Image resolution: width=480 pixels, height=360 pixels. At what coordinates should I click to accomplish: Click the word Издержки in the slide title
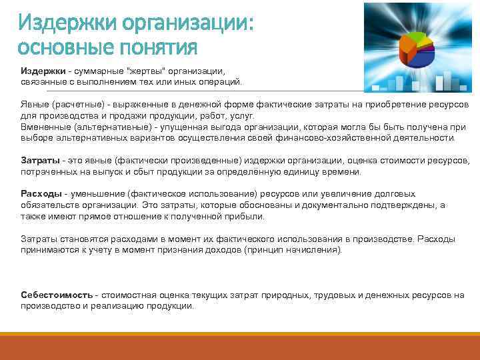click(59, 23)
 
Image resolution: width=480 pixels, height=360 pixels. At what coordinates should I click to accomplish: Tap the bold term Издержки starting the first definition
click(41, 71)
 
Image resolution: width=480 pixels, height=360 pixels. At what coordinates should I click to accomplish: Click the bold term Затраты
click(40, 161)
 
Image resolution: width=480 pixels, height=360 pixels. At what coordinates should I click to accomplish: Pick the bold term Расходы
click(40, 193)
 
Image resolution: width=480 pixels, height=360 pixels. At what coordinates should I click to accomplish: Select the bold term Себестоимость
click(57, 295)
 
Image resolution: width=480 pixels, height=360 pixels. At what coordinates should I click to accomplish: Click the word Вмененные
click(45, 127)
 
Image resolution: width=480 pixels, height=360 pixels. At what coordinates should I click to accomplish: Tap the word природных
click(287, 295)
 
